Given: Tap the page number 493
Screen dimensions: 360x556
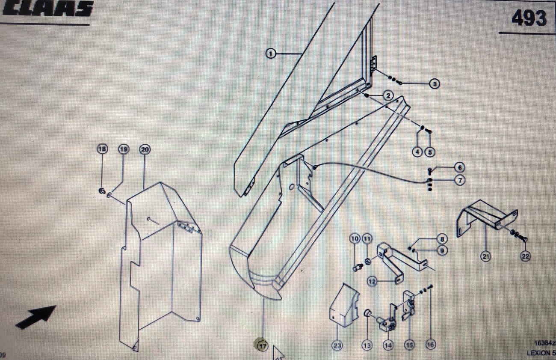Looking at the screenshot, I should click(x=529, y=18).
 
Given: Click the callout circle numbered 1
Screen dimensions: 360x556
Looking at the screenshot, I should click(x=270, y=54).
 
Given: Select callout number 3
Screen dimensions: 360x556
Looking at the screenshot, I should click(x=435, y=84).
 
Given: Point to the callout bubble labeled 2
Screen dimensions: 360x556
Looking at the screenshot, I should click(x=388, y=95).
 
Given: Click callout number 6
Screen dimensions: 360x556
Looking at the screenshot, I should click(x=459, y=167).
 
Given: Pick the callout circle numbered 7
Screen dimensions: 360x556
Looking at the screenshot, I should click(x=459, y=180).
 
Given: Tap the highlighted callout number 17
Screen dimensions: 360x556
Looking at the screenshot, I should click(x=262, y=345).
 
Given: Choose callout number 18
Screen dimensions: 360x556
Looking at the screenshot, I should click(x=102, y=149).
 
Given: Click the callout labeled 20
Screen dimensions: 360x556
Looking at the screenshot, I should click(x=145, y=149).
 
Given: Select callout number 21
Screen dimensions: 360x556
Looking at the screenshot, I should click(x=485, y=256).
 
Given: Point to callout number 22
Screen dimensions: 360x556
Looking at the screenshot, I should click(x=525, y=256).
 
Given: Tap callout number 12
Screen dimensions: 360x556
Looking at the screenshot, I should click(x=372, y=281).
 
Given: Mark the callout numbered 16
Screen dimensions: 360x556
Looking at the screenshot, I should click(x=431, y=345).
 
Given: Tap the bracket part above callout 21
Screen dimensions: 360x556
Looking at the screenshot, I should click(x=485, y=217).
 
